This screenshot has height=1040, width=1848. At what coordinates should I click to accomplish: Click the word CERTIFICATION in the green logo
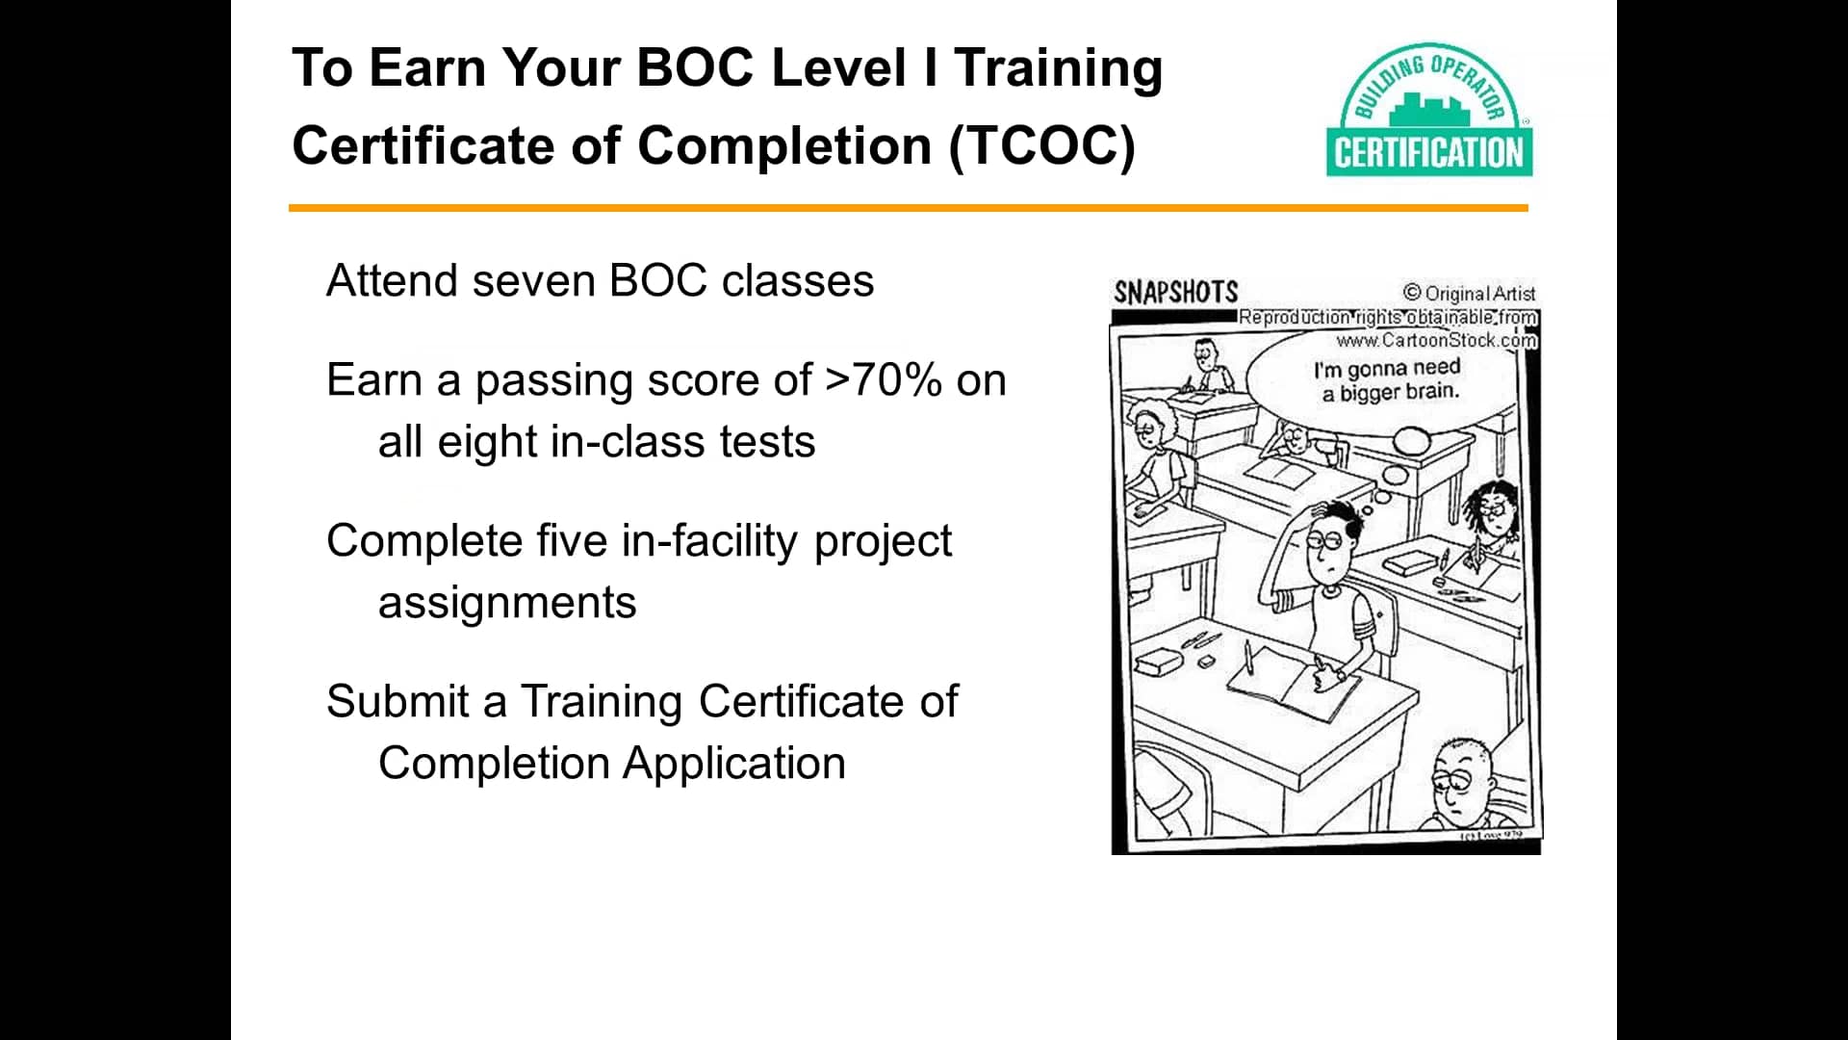click(1429, 153)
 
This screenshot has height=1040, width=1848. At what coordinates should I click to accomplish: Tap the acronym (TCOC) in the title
click(1041, 146)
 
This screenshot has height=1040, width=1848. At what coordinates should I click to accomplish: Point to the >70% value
click(884, 380)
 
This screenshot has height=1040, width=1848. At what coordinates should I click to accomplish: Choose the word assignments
click(507, 603)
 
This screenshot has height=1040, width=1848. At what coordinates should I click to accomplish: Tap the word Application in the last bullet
click(733, 764)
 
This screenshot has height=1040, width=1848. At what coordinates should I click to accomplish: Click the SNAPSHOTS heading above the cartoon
click(1175, 292)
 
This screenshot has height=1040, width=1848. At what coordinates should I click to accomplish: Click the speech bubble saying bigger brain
click(1387, 380)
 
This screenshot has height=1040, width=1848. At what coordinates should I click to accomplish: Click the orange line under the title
click(908, 208)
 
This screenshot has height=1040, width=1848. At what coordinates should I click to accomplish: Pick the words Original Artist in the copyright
click(1479, 294)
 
